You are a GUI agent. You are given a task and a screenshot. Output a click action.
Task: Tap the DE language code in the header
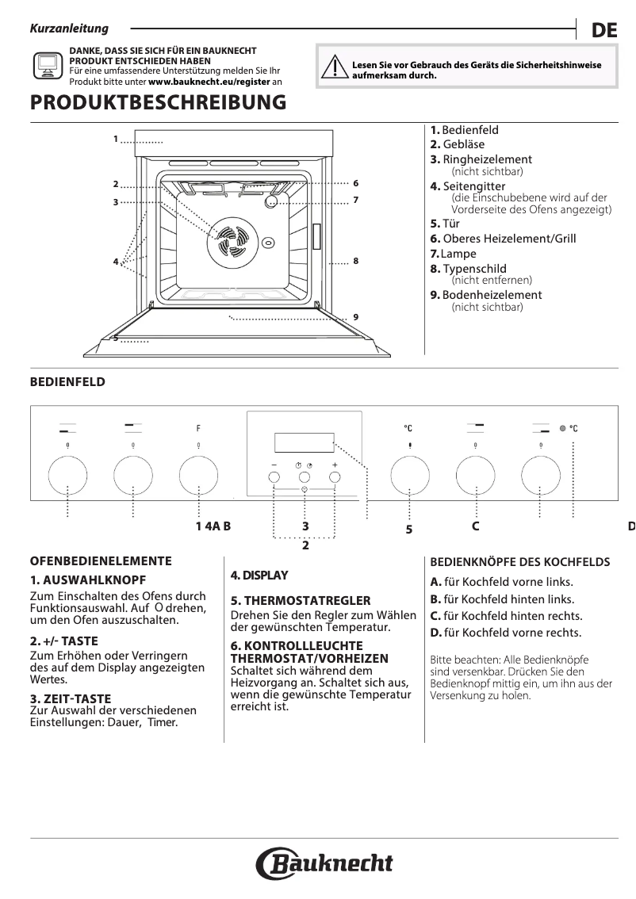tap(603, 31)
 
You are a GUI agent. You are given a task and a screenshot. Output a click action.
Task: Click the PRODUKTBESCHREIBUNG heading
tap(158, 103)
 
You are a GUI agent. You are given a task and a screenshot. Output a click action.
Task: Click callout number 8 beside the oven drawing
tap(356, 260)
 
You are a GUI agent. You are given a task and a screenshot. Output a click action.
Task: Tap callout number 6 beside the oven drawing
tap(356, 183)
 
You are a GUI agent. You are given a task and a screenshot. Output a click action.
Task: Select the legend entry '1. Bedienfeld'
tap(465, 130)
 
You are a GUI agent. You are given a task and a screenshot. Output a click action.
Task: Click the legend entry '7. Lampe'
tap(454, 254)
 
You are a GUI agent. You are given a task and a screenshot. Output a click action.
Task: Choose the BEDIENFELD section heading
tap(67, 382)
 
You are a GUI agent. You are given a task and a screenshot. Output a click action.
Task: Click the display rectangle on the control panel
tap(304, 442)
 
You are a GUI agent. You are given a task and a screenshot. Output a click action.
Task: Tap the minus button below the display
tap(274, 477)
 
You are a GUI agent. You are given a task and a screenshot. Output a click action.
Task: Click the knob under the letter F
tap(198, 477)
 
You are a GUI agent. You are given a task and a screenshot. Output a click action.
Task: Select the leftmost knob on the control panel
tap(67, 477)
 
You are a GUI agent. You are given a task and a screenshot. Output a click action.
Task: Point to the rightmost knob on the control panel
tap(541, 477)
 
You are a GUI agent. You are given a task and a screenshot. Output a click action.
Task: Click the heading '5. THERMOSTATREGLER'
tap(289, 601)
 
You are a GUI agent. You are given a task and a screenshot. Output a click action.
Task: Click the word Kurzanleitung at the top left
tap(69, 29)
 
